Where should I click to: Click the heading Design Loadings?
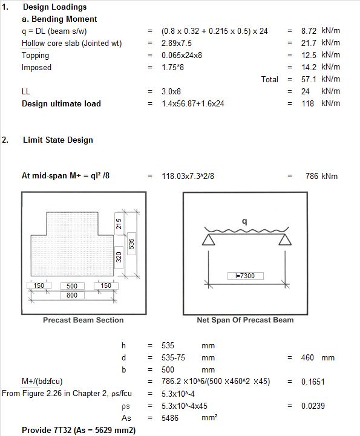pos(54,7)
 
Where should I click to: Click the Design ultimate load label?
pos(61,103)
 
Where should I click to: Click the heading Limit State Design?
pos(57,140)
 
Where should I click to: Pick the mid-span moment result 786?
pos(312,176)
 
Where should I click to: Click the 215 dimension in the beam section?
pos(119,224)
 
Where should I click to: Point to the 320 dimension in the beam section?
pos(119,257)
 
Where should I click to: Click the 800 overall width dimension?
pos(71,295)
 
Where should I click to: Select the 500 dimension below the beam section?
pos(71,285)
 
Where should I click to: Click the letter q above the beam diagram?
pos(244,221)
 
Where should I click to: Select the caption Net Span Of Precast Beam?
pos(245,320)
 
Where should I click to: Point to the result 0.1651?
pos(313,382)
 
